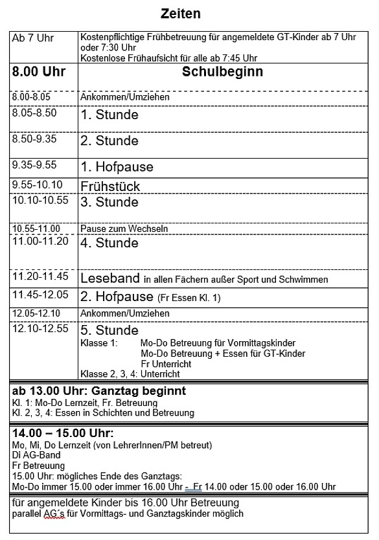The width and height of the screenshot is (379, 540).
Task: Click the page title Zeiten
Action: [181, 13]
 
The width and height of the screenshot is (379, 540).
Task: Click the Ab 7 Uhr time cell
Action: [33, 38]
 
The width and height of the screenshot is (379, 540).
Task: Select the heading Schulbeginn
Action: [222, 72]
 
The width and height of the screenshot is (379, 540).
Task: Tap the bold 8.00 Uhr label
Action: [40, 72]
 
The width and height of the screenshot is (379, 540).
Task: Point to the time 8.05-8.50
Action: [34, 113]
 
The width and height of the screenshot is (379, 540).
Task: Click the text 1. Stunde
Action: [109, 115]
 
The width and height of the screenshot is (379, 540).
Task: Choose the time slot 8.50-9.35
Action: [34, 139]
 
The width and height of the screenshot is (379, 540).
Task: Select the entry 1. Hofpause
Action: [117, 166]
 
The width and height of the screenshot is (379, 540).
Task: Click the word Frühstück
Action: [110, 186]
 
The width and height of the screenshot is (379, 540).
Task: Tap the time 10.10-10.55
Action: [40, 200]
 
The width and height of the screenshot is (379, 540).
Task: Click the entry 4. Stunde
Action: [109, 243]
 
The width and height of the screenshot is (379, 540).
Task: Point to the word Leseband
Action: [110, 278]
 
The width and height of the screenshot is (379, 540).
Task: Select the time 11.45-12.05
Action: [40, 295]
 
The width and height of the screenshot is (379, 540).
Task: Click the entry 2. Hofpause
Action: [117, 297]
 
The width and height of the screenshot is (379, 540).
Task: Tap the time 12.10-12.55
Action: [40, 329]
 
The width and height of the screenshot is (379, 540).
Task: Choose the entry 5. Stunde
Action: [109, 330]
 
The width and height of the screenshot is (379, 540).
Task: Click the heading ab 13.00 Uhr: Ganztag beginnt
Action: [99, 391]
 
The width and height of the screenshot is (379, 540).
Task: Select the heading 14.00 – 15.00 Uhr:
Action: [62, 433]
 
